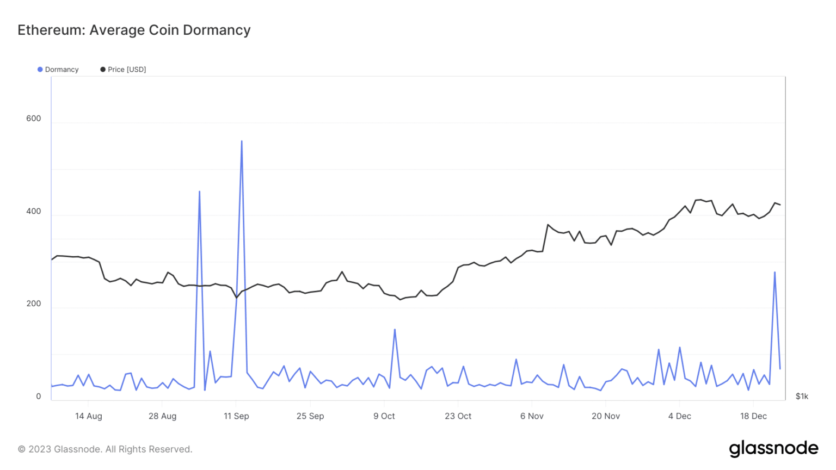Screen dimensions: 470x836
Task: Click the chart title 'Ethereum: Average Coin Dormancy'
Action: [134, 30]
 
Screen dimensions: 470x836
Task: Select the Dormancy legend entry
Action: [58, 70]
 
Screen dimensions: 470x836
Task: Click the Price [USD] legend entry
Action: [123, 70]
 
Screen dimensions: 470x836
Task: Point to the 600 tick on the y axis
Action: [33, 119]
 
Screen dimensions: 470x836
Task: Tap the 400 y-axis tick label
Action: [33, 211]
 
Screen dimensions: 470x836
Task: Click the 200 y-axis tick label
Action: [33, 304]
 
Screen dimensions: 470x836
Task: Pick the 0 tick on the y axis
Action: [38, 397]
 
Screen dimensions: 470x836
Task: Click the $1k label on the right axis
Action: [802, 396]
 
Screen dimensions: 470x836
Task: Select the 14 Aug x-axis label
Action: [88, 416]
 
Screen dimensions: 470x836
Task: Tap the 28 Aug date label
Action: [162, 416]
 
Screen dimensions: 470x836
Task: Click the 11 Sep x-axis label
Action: [236, 416]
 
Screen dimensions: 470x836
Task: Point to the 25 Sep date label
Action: [310, 416]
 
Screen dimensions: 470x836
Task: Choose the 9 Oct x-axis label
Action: [384, 416]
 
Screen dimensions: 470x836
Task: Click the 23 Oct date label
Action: [458, 416]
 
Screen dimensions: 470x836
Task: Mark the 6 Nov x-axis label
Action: [532, 416]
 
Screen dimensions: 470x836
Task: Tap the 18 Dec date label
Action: [753, 416]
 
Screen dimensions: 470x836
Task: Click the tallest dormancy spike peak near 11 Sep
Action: [242, 141]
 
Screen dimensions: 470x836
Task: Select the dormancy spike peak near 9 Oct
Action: [395, 330]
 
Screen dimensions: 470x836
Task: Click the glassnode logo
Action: [773, 449]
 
